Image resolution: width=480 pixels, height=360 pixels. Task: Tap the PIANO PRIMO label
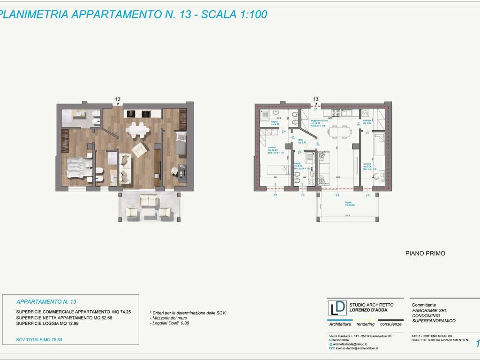pyautogui.click(x=425, y=253)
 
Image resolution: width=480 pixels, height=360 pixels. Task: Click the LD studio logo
pyautogui.click(x=337, y=307)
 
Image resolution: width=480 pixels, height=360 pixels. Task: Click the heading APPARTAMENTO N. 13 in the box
pyautogui.click(x=46, y=301)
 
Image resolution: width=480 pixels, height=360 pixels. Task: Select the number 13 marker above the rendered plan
pyautogui.click(x=118, y=99)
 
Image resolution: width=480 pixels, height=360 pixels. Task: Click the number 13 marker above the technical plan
pyautogui.click(x=315, y=99)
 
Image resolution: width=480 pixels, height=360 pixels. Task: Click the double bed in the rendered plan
pyautogui.click(x=79, y=167)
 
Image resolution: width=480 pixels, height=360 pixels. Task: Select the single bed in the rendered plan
pyautogui.click(x=181, y=142)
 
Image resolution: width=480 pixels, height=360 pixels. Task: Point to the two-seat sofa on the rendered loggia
pyautogui.click(x=150, y=201)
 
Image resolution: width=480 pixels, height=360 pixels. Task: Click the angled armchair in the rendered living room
pyautogui.click(x=140, y=150)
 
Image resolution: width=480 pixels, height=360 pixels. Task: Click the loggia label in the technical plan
pyautogui.click(x=350, y=203)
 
